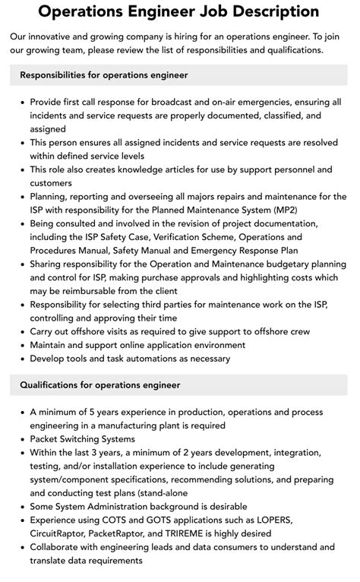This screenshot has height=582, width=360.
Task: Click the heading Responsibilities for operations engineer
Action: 104,75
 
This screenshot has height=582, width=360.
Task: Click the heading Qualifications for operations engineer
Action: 100,385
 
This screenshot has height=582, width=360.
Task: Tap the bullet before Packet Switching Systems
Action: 21,439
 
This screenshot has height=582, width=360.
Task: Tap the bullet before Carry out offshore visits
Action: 21,331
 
